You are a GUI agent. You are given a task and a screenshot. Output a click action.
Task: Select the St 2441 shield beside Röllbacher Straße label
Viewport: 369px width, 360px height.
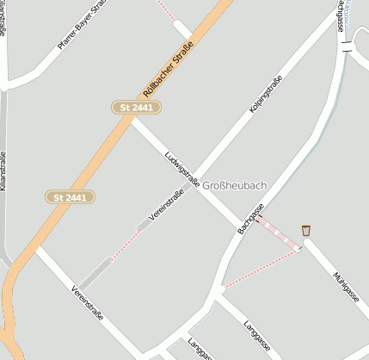point(137,107)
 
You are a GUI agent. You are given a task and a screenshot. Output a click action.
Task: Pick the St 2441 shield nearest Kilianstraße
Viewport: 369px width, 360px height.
point(70,197)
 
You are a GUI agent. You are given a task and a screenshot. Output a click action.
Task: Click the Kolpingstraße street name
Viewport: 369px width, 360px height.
point(266,96)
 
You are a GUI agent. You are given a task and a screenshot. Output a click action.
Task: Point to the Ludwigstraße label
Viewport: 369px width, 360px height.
point(181,169)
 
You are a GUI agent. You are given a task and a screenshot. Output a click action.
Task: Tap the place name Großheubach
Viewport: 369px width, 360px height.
point(235,185)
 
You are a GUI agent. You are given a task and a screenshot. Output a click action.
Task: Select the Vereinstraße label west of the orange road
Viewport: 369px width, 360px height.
point(87,303)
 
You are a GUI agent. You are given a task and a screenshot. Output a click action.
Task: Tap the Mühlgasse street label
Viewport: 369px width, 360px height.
point(347,286)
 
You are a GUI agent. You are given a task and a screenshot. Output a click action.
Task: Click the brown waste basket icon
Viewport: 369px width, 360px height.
point(306,230)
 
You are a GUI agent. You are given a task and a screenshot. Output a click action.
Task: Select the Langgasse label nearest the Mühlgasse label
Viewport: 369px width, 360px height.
point(256,334)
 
